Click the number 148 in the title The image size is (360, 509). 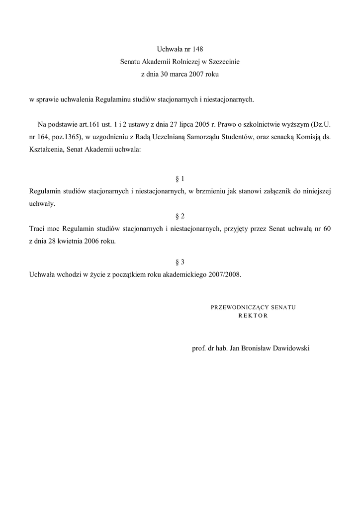click(x=197, y=49)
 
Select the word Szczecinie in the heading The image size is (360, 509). click(x=224, y=62)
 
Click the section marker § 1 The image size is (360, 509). click(x=180, y=178)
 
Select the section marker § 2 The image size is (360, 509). click(x=180, y=216)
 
